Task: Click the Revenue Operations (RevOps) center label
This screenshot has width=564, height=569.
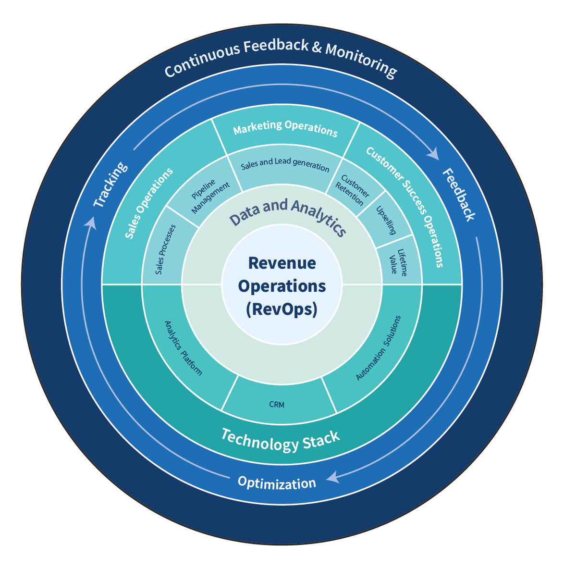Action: pyautogui.click(x=282, y=286)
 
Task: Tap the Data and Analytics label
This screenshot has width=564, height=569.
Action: pyautogui.click(x=287, y=216)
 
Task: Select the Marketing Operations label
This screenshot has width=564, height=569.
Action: pyautogui.click(x=285, y=128)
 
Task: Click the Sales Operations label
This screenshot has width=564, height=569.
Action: pyautogui.click(x=148, y=203)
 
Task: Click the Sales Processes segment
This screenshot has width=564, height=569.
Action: pyautogui.click(x=166, y=249)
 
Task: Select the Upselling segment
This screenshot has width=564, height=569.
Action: pyautogui.click(x=386, y=220)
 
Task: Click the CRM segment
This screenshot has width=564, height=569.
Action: pyautogui.click(x=277, y=405)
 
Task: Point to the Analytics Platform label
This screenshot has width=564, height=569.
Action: pyautogui.click(x=183, y=348)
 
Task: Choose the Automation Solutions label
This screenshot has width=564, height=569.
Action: pyautogui.click(x=378, y=348)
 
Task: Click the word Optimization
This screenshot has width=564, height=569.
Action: pyautogui.click(x=277, y=482)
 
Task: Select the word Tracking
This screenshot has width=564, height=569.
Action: pyautogui.click(x=110, y=185)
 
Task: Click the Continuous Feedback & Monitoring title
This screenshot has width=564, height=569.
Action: pyautogui.click(x=281, y=58)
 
